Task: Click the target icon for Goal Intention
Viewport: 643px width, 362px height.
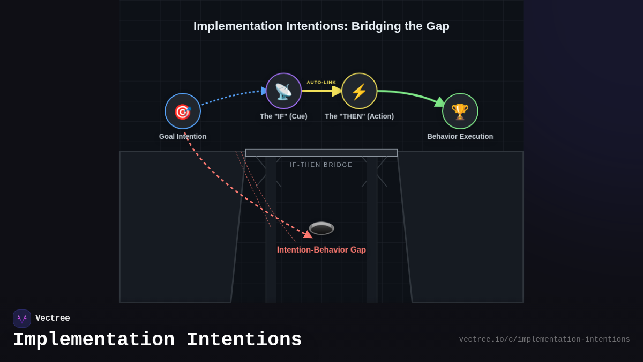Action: click(183, 111)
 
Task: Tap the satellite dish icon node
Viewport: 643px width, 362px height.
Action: click(283, 91)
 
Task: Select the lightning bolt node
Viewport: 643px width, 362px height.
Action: click(359, 91)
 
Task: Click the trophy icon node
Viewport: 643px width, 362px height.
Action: click(460, 111)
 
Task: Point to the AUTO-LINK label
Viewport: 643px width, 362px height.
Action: click(322, 83)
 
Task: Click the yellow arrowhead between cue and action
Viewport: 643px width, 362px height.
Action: click(337, 91)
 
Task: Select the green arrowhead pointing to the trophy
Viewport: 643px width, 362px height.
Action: click(440, 102)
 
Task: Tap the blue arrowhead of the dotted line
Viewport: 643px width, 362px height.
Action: click(264, 91)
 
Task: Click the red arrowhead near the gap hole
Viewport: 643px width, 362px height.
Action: click(308, 234)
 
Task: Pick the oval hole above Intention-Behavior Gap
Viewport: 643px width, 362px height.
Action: click(322, 228)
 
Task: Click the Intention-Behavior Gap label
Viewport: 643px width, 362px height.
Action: click(322, 250)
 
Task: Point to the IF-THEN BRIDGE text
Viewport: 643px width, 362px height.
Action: click(322, 165)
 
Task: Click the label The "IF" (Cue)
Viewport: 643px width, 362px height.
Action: click(283, 116)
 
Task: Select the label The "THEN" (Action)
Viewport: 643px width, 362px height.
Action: click(359, 116)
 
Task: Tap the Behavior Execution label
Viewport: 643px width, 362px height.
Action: click(460, 137)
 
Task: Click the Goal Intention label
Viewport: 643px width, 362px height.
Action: click(183, 137)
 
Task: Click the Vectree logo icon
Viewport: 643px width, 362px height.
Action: click(22, 319)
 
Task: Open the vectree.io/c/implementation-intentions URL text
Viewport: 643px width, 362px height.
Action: click(544, 339)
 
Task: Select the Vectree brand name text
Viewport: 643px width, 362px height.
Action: click(53, 319)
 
